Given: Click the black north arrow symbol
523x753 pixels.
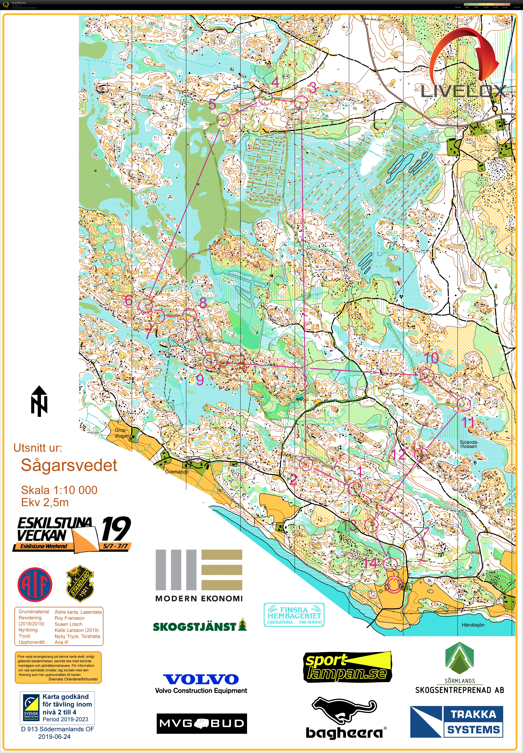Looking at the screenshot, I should pos(39,401).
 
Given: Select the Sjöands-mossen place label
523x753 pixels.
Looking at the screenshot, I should pos(469,444).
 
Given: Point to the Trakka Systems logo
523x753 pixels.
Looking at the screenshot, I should pos(456,722).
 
